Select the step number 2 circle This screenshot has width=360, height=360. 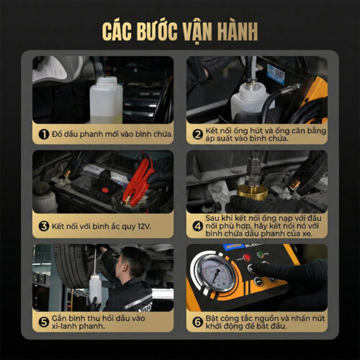point(197,133)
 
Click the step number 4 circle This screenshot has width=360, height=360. point(197,225)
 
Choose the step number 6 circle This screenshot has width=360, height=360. point(197,322)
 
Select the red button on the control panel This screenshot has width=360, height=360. point(247,257)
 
